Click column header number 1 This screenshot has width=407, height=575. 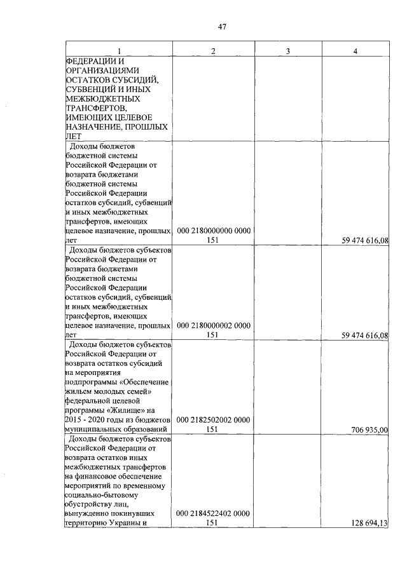pyautogui.click(x=118, y=50)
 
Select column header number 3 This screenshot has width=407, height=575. pyautogui.click(x=287, y=50)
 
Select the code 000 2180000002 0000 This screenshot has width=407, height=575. pyautogui.click(x=213, y=325)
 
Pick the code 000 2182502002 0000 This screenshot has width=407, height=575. pyautogui.click(x=213, y=420)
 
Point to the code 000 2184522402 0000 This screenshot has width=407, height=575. pyautogui.click(x=213, y=513)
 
